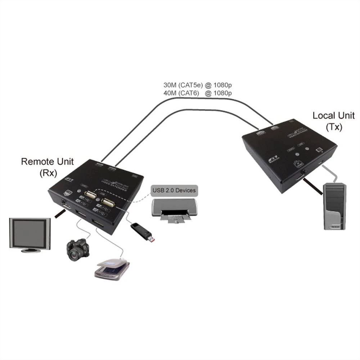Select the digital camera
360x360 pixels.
(78, 249)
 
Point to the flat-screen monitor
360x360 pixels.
(30, 234)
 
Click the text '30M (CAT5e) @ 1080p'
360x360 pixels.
(198, 86)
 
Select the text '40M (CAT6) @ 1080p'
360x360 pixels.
(198, 93)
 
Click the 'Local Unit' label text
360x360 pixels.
(333, 116)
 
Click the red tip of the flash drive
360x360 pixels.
(153, 239)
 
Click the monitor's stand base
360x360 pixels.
(31, 250)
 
